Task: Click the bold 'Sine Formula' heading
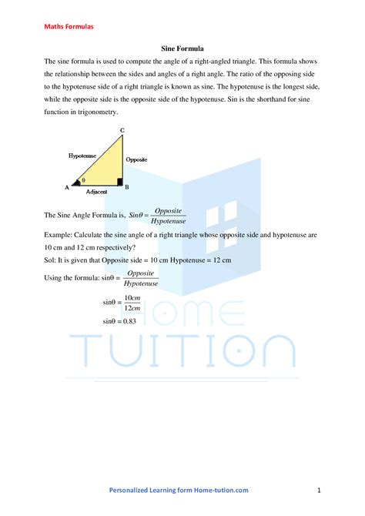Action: coord(182,48)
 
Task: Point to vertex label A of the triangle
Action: coord(66,186)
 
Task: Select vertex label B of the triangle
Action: coord(126,186)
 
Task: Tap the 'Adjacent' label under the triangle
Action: coord(96,192)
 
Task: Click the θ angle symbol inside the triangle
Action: coord(83,181)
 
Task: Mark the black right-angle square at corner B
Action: coord(119,182)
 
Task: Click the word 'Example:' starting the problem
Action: coord(59,233)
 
